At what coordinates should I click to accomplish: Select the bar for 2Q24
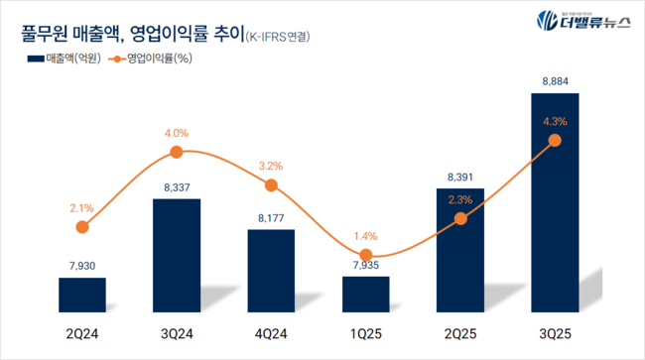click(82, 294)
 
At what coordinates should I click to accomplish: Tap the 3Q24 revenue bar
click(177, 255)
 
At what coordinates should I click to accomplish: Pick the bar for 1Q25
click(366, 294)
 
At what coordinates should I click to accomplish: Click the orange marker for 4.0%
click(177, 152)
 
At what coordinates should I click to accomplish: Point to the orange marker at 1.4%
click(366, 256)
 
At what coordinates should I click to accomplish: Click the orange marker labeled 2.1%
click(82, 226)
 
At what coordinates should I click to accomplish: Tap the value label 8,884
click(555, 81)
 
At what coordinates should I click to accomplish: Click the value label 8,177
click(271, 216)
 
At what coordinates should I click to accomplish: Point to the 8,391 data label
click(460, 178)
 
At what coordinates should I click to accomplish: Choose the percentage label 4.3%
click(555, 121)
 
